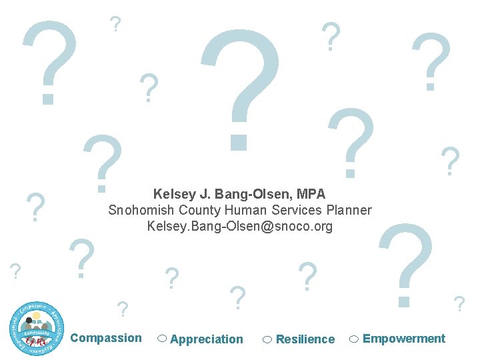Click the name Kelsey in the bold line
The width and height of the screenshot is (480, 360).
(173, 195)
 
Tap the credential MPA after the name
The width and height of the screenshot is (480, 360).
(311, 195)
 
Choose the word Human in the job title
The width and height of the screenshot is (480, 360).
(245, 211)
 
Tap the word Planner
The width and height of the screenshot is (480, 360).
(349, 211)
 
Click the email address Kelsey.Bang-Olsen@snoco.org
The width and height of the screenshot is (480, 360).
(239, 227)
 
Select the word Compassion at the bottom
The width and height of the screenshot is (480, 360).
(106, 338)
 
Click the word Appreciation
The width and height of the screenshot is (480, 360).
(207, 339)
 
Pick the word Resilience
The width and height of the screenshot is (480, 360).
(305, 339)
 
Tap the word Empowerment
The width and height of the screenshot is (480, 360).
(404, 339)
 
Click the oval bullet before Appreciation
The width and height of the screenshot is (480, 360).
(162, 339)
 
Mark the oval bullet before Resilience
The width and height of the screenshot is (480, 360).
(267, 339)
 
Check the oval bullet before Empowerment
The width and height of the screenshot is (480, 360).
(355, 339)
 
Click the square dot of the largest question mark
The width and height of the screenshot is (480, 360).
(239, 141)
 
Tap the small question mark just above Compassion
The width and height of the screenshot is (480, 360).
(122, 309)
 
